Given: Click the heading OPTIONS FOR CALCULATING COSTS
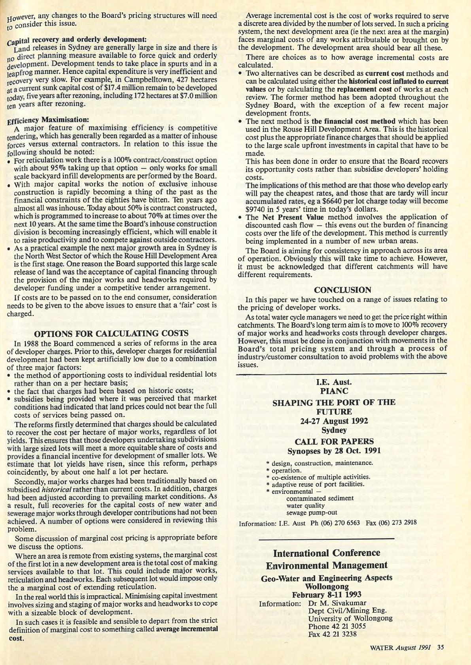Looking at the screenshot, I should tap(111, 333).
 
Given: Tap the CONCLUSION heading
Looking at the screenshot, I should tap(342, 290).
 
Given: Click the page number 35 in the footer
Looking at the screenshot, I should tap(441, 647).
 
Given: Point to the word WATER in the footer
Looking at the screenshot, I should tap(381, 647).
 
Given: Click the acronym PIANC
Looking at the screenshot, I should tap(334, 391).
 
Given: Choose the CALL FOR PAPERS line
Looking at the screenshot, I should tap(334, 441).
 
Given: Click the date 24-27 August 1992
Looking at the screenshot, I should tap(334, 421).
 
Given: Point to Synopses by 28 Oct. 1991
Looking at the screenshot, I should tap(334, 451).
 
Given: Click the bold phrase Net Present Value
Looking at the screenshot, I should tap(293, 217).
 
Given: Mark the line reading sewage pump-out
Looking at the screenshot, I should tap(312, 513).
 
